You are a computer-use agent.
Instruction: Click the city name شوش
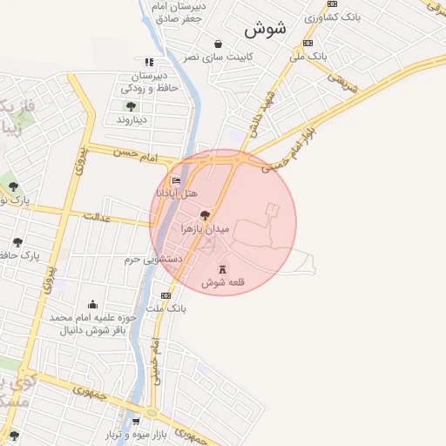(x=265, y=28)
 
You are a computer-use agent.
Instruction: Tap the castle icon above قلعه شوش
(x=223, y=268)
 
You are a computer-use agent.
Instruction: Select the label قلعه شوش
(x=223, y=283)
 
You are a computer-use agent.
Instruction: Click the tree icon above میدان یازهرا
(x=205, y=214)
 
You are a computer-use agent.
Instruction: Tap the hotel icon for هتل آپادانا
(x=177, y=180)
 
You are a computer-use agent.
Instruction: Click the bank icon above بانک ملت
(x=166, y=297)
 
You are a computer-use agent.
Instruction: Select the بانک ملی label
(x=308, y=55)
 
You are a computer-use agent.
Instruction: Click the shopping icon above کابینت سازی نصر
(x=217, y=43)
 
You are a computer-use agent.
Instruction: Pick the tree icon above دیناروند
(x=131, y=106)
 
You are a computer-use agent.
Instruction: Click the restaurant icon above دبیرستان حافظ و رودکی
(x=149, y=62)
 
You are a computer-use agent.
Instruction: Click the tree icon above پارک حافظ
(x=17, y=242)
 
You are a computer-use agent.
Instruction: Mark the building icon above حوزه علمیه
(x=92, y=304)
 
